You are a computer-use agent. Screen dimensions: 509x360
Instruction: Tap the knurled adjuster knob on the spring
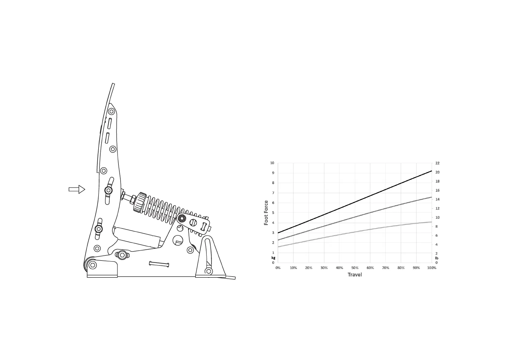point(140,202)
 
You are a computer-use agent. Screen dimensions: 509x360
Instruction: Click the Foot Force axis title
point(266,213)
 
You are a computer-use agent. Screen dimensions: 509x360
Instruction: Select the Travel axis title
point(355,274)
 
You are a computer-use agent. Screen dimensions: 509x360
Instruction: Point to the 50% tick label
point(355,268)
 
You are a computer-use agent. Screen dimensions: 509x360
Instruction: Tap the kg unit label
point(273,258)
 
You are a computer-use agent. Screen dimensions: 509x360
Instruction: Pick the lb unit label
point(436,258)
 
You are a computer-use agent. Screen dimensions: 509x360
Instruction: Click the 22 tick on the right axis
point(437,163)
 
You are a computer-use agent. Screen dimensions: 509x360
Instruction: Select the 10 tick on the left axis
point(272,163)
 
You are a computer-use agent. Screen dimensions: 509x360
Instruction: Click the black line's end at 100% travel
point(432,171)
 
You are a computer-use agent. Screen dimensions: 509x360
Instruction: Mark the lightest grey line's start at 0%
point(278,247)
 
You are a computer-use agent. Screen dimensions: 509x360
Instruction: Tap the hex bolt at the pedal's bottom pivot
point(93,265)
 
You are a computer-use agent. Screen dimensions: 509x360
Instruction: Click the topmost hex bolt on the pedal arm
point(112,112)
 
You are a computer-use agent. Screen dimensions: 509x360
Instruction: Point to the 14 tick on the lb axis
point(437,199)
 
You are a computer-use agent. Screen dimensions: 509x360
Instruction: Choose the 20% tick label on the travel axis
point(309,268)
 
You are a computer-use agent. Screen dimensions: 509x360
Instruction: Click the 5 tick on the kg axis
point(273,213)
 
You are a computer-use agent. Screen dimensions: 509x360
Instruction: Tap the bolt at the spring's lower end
point(182,218)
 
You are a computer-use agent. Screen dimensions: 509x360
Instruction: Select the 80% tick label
point(401,268)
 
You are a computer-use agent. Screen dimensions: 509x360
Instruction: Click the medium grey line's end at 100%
point(432,197)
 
